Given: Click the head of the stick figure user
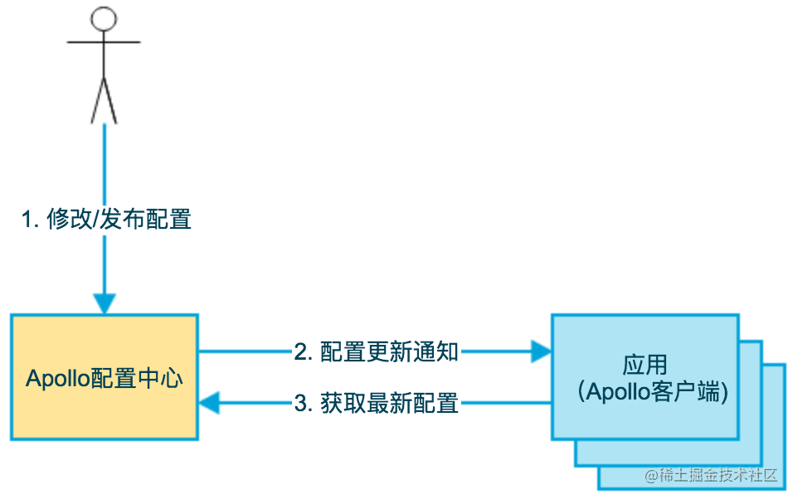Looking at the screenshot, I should [x=104, y=19].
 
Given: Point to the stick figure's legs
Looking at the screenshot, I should [x=104, y=99].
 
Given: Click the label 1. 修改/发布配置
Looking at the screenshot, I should [x=106, y=220].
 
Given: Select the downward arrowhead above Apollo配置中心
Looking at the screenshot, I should [x=104, y=303].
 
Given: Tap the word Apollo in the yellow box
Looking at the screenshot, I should [x=56, y=379].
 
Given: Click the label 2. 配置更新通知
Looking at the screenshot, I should [x=376, y=351].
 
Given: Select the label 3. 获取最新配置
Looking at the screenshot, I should [x=376, y=404].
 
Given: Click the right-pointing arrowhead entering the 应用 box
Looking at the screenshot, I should [x=541, y=351].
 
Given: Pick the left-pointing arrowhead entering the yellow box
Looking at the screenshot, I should [x=209, y=404].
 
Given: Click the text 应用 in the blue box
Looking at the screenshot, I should [x=645, y=365].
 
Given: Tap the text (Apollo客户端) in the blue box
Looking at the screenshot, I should [x=653, y=392].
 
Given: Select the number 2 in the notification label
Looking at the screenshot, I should [x=300, y=351].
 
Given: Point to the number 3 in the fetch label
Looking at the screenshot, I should [x=300, y=404].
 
